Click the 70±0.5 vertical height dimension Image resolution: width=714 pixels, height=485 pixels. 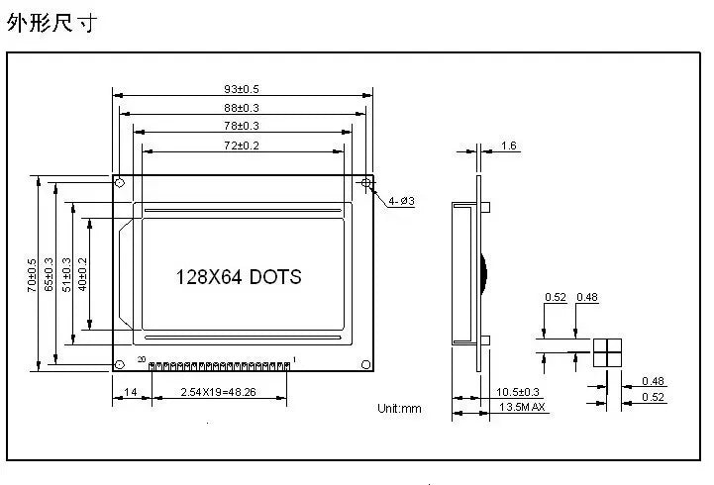tap(32, 273)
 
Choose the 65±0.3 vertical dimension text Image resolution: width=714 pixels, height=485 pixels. tap(50, 273)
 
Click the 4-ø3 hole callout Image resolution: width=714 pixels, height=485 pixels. tap(401, 201)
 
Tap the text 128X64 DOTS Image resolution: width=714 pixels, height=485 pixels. tap(239, 277)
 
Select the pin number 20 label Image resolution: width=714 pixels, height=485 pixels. tap(142, 357)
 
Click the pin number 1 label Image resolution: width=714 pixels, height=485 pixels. tap(294, 357)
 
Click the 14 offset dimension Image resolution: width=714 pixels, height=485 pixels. tap(131, 393)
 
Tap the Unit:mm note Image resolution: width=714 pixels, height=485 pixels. tap(399, 408)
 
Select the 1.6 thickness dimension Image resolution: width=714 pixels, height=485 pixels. tap(509, 145)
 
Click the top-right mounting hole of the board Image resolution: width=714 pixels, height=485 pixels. tap(366, 183)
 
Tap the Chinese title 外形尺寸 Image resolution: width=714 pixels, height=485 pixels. tap(51, 23)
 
